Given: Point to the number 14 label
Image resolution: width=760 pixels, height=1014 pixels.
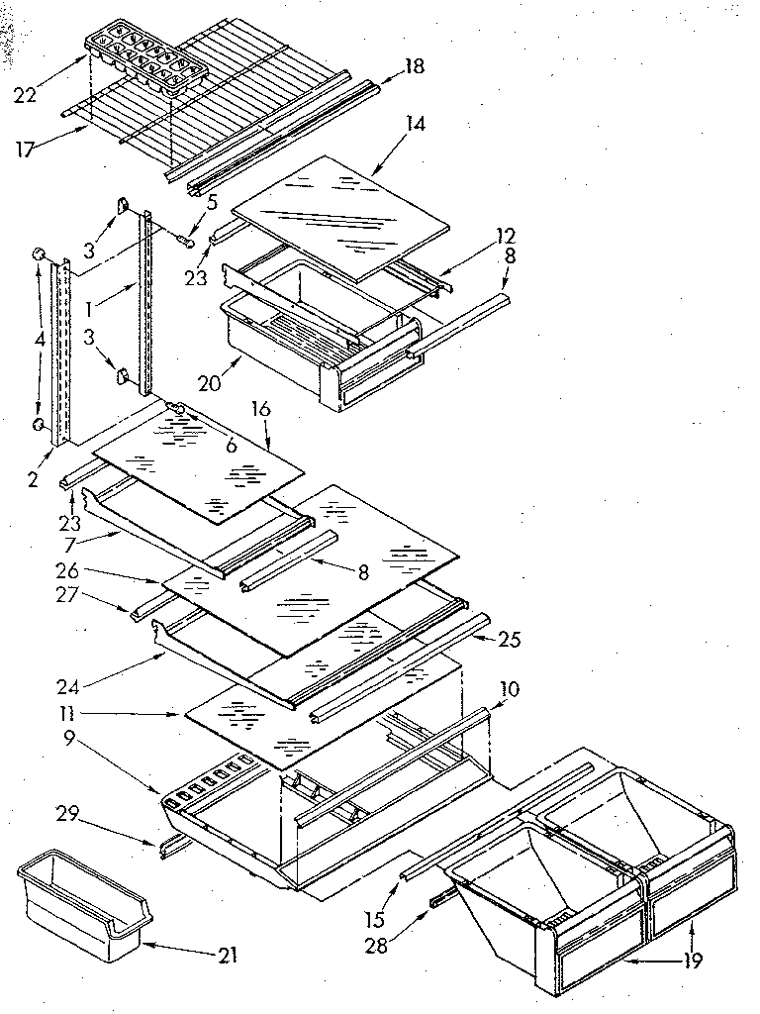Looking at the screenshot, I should point(415,124).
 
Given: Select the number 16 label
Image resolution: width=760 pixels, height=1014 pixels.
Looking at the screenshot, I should point(260,408).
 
